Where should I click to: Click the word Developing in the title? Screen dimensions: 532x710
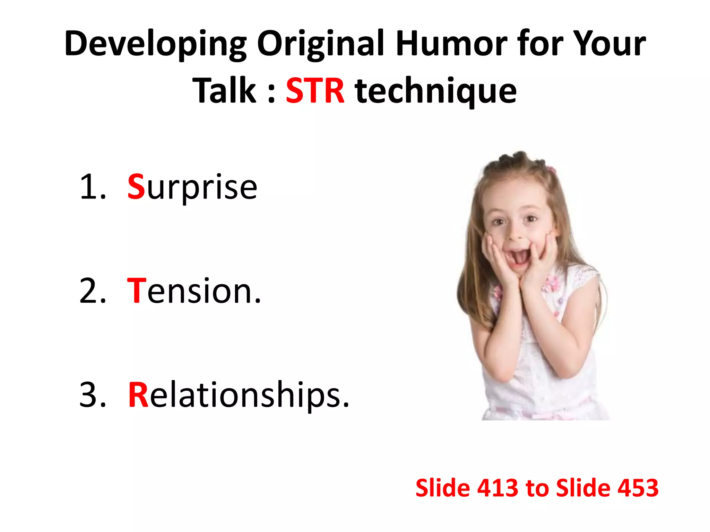coord(155,44)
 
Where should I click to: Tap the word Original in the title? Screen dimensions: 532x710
coord(320,44)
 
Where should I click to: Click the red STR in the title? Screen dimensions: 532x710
coord(315,91)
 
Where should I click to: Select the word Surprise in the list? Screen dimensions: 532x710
coord(192,188)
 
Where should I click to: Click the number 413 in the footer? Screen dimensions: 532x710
coord(497,488)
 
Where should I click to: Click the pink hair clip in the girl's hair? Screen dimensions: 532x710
coord(551,170)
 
